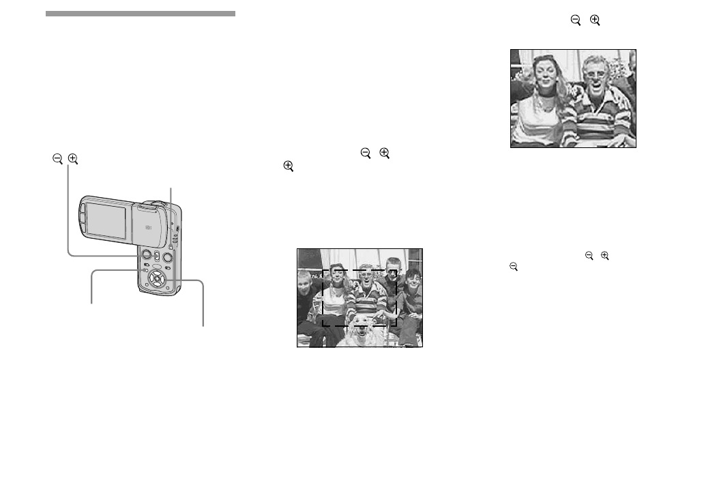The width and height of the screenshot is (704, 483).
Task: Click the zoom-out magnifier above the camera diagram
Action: pos(57,159)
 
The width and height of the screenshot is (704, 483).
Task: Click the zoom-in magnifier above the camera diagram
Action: pos(73,159)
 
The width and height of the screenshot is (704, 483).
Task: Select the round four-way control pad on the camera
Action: pos(157,278)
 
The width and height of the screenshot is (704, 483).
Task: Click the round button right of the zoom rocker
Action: pos(167,257)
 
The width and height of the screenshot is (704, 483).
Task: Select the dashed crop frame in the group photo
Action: pos(360,271)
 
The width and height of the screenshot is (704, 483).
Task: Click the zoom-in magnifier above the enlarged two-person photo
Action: pos(595,21)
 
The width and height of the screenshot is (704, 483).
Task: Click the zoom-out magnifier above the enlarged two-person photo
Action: pos(576,21)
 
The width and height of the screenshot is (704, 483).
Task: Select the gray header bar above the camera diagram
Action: pos(141,14)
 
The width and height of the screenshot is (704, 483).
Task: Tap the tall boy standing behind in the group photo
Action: pos(391,269)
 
